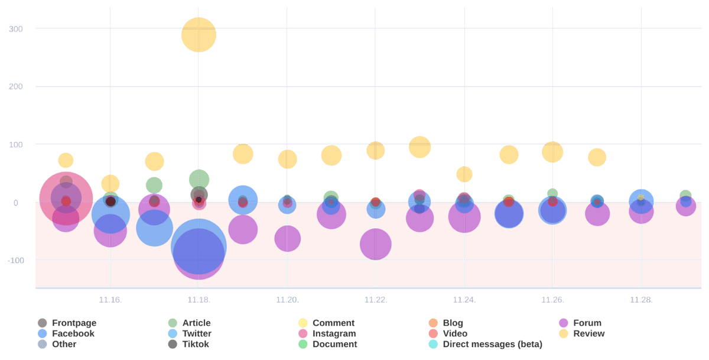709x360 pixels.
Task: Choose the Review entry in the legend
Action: click(x=588, y=333)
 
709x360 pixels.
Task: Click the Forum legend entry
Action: click(x=587, y=323)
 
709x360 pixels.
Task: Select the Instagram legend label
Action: click(x=334, y=333)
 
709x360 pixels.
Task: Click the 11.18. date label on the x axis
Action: click(x=199, y=300)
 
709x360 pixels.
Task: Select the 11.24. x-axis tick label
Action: click(x=464, y=300)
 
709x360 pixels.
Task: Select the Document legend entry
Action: click(x=334, y=344)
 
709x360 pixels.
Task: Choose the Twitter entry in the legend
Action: click(x=197, y=333)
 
